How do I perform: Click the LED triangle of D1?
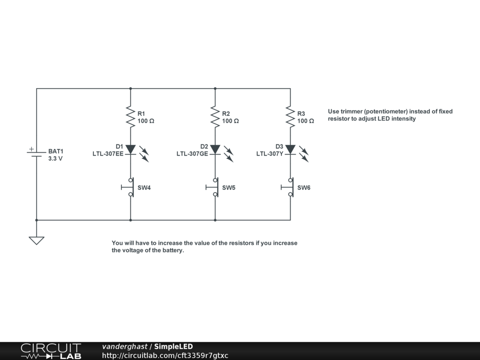[x=130, y=149]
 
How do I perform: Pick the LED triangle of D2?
[x=215, y=149]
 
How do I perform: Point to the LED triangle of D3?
[x=290, y=149]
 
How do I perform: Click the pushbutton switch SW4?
[x=129, y=187]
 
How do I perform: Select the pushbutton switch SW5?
[x=214, y=187]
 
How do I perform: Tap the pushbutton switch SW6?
[x=289, y=187]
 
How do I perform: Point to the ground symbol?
[x=37, y=240]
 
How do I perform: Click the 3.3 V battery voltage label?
[x=55, y=158]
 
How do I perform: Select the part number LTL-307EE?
[x=108, y=154]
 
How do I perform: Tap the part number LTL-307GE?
[x=192, y=154]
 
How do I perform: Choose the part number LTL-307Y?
[x=270, y=154]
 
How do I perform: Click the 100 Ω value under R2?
[x=230, y=121]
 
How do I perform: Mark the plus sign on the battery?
[x=31, y=149]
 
